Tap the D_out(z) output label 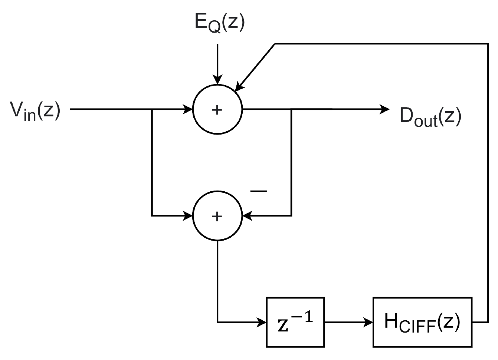pos(430,117)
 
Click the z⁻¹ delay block pos(295,322)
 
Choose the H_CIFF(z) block pos(422,322)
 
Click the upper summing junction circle pos(217,109)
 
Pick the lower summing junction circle pos(217,216)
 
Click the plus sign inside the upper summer pos(217,110)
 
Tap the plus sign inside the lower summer pos(217,217)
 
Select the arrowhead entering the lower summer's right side pos(247,215)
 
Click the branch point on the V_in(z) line pos(152,109)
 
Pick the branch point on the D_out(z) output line pos(291,109)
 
